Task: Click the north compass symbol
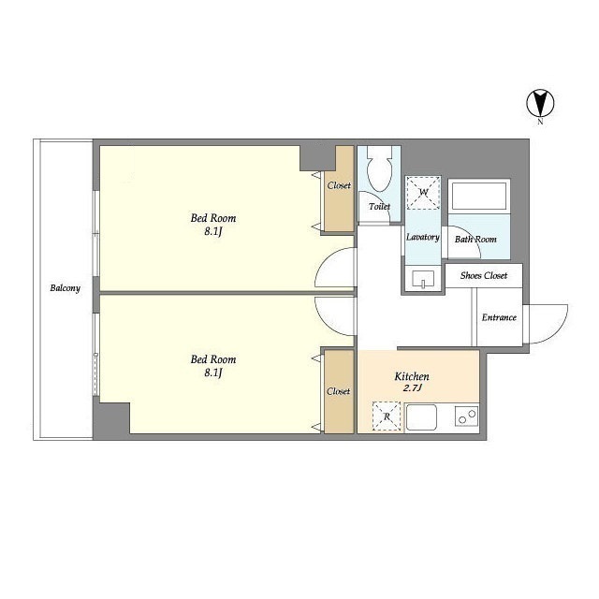pyautogui.click(x=540, y=103)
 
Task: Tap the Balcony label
pyautogui.click(x=66, y=288)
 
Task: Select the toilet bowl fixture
pyautogui.click(x=379, y=170)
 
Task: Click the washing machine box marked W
pyautogui.click(x=423, y=193)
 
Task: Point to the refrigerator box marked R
pyautogui.click(x=387, y=416)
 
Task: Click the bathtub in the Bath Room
pyautogui.click(x=479, y=196)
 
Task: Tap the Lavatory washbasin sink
pyautogui.click(x=423, y=280)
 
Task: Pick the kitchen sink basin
pyautogui.click(x=421, y=417)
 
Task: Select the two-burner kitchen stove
pyautogui.click(x=467, y=416)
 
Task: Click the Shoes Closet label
pyautogui.click(x=484, y=276)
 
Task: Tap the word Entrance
pyautogui.click(x=499, y=317)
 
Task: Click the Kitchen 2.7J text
pyautogui.click(x=412, y=383)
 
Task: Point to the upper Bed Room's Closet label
pyautogui.click(x=339, y=185)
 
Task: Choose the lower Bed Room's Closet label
pyautogui.click(x=339, y=391)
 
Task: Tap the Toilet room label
pyautogui.click(x=379, y=207)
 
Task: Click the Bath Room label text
pyautogui.click(x=475, y=240)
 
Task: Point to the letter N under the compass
pyautogui.click(x=540, y=123)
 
